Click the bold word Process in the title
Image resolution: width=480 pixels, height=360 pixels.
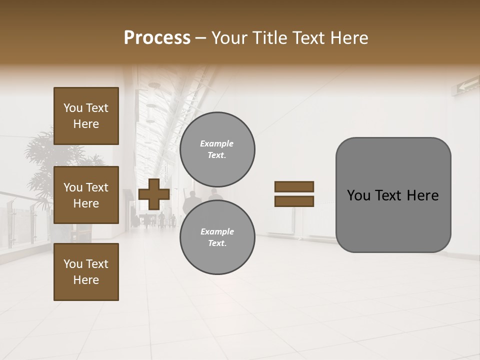[x=157, y=38]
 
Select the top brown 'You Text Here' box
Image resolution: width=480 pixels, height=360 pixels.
[x=86, y=116]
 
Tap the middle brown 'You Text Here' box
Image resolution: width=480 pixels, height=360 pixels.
[x=86, y=195]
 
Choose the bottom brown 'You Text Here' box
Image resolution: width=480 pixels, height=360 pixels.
[x=86, y=271]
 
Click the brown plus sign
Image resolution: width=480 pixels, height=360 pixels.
[x=154, y=194]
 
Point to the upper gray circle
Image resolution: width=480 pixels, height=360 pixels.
[x=217, y=149]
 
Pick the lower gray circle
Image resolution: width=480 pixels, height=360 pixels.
[x=217, y=237]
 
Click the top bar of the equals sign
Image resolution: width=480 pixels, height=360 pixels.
[x=294, y=186]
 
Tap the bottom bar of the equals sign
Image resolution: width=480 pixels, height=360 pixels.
[x=294, y=201]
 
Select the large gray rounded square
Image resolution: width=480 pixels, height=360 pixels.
[x=393, y=194]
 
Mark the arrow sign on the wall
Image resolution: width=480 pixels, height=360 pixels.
[x=467, y=85]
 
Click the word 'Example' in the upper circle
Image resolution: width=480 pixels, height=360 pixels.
[x=217, y=143]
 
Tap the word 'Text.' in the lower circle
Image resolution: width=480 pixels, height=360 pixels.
[x=217, y=243]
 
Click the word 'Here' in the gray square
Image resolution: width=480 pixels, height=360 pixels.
[x=422, y=195]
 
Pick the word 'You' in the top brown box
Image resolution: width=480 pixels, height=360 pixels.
[x=73, y=108]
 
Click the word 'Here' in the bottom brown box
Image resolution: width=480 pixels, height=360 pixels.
[x=86, y=280]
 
